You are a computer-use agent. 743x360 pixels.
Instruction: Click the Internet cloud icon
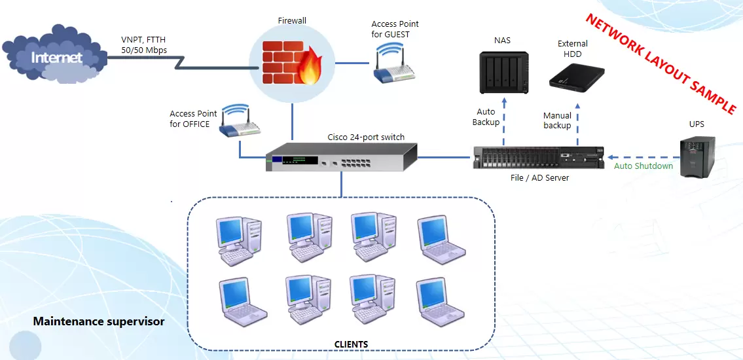pyautogui.click(x=55, y=58)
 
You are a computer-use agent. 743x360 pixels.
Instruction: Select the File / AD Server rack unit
pyautogui.click(x=538, y=158)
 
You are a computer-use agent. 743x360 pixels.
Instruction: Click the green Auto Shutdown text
pyautogui.click(x=643, y=166)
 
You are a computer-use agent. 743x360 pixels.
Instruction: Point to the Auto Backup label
pyautogui.click(x=486, y=117)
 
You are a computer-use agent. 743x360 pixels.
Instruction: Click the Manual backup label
pyautogui.click(x=557, y=120)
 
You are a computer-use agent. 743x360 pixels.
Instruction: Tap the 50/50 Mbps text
pyautogui.click(x=144, y=50)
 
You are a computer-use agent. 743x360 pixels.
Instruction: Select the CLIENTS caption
pyautogui.click(x=351, y=344)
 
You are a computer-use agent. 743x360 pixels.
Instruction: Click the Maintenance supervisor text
pyautogui.click(x=99, y=321)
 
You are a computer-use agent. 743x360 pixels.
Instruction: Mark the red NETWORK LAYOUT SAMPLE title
pyautogui.click(x=661, y=64)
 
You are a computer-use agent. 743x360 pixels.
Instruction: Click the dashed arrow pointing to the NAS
pyautogui.click(x=503, y=121)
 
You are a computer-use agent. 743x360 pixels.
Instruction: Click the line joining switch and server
pyautogui.click(x=445, y=157)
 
